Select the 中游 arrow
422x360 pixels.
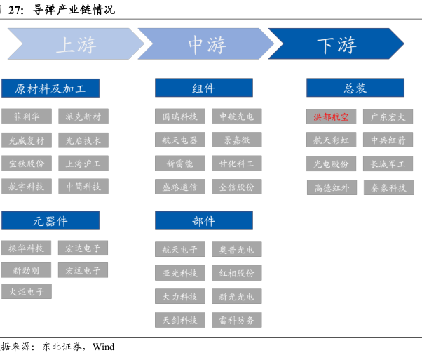point(206,44)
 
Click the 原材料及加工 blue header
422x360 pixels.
point(50,88)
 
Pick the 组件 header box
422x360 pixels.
point(203,88)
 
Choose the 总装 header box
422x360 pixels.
point(355,88)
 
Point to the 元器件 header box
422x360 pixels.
point(50,221)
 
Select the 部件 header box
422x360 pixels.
point(203,221)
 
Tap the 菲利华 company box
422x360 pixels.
point(27,116)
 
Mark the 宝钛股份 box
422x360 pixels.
point(27,164)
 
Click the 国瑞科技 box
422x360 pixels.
point(180,116)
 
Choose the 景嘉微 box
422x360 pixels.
point(237,140)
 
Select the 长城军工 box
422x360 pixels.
point(388,164)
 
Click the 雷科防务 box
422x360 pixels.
point(237,320)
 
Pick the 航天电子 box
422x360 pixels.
point(180,249)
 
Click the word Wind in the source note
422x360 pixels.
point(103,347)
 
